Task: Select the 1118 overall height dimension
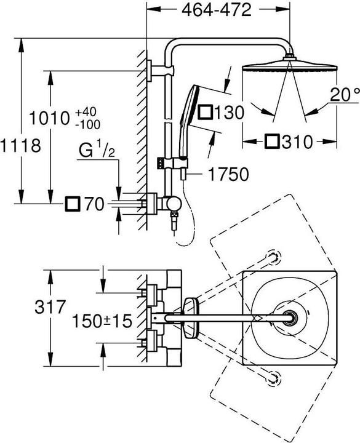click(x=20, y=146)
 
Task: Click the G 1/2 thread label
click(x=97, y=152)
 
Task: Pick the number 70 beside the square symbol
click(x=93, y=204)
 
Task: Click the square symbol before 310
click(x=274, y=142)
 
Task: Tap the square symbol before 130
click(x=206, y=112)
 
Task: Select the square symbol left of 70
click(x=73, y=204)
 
